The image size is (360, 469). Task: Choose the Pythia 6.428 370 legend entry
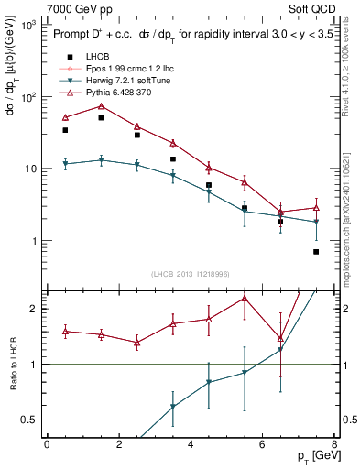pyautogui.click(x=115, y=93)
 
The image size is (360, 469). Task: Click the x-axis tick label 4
pyautogui.click(x=190, y=442)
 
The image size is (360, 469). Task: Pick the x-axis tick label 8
pyautogui.click(x=333, y=442)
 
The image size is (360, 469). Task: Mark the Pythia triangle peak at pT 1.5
pyautogui.click(x=101, y=106)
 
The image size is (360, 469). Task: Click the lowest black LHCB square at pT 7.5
pyautogui.click(x=316, y=252)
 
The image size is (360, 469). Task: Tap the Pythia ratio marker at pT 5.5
pyautogui.click(x=245, y=298)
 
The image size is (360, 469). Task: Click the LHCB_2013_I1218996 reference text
pyautogui.click(x=190, y=274)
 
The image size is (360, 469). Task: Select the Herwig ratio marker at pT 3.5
pyautogui.click(x=172, y=407)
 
